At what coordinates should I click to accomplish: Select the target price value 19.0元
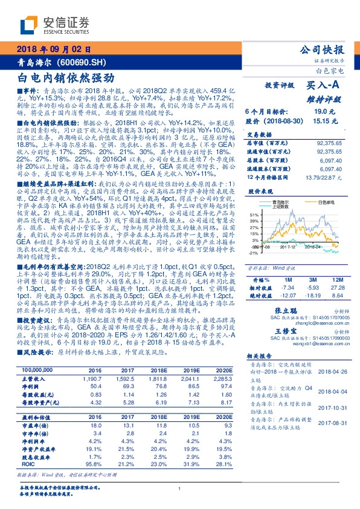pos(321,112)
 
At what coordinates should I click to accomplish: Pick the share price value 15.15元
pos(321,121)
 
